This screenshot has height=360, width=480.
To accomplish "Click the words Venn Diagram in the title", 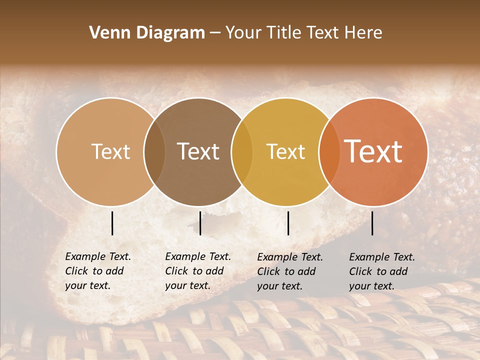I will (147, 33).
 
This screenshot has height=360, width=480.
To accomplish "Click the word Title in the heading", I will (284, 33).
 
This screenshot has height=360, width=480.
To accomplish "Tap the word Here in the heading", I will (363, 33).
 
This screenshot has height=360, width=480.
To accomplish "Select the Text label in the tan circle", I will (110, 151).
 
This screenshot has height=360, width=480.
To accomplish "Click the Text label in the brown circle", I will (198, 151).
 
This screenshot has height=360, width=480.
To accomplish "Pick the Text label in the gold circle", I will (285, 151).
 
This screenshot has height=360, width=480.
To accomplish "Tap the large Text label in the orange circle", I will (373, 151).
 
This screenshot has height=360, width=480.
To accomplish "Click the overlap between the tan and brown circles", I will (154, 151).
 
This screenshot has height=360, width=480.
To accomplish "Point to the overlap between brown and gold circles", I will (242, 151).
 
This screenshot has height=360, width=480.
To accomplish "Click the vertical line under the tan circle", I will (112, 223).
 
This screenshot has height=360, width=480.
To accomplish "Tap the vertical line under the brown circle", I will (200, 223).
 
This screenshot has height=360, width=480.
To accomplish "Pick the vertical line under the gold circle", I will (288, 223).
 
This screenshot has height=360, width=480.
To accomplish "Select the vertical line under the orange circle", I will (372, 223).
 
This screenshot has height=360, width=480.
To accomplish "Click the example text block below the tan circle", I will (97, 271).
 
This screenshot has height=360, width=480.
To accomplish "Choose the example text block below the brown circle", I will (197, 271).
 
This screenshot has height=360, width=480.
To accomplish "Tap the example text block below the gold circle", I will (289, 271).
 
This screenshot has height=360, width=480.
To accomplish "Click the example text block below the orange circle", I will (381, 271).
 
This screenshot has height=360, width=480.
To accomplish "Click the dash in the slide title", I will (215, 33).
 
